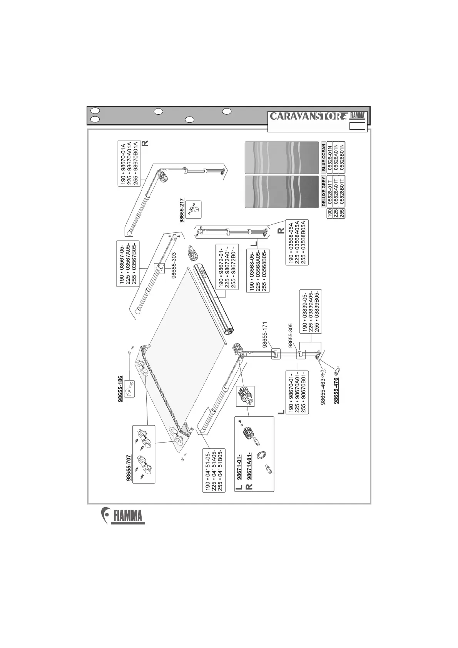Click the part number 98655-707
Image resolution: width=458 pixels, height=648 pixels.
tap(129, 468)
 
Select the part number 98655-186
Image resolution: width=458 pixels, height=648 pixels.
tap(121, 389)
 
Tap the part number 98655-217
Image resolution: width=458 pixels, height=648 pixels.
tap(181, 210)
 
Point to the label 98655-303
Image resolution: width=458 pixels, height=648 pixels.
tap(174, 265)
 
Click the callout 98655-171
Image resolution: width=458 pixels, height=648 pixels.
tap(265, 334)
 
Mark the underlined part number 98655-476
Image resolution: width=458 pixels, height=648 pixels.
tap(336, 391)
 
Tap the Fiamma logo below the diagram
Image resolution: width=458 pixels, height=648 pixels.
tap(124, 516)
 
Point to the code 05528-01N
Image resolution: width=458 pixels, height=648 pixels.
tap(329, 158)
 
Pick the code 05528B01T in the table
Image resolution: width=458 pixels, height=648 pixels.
tap(342, 192)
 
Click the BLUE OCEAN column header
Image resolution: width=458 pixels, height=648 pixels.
tap(323, 158)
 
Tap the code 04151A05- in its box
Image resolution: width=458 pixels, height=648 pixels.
tap(214, 470)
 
